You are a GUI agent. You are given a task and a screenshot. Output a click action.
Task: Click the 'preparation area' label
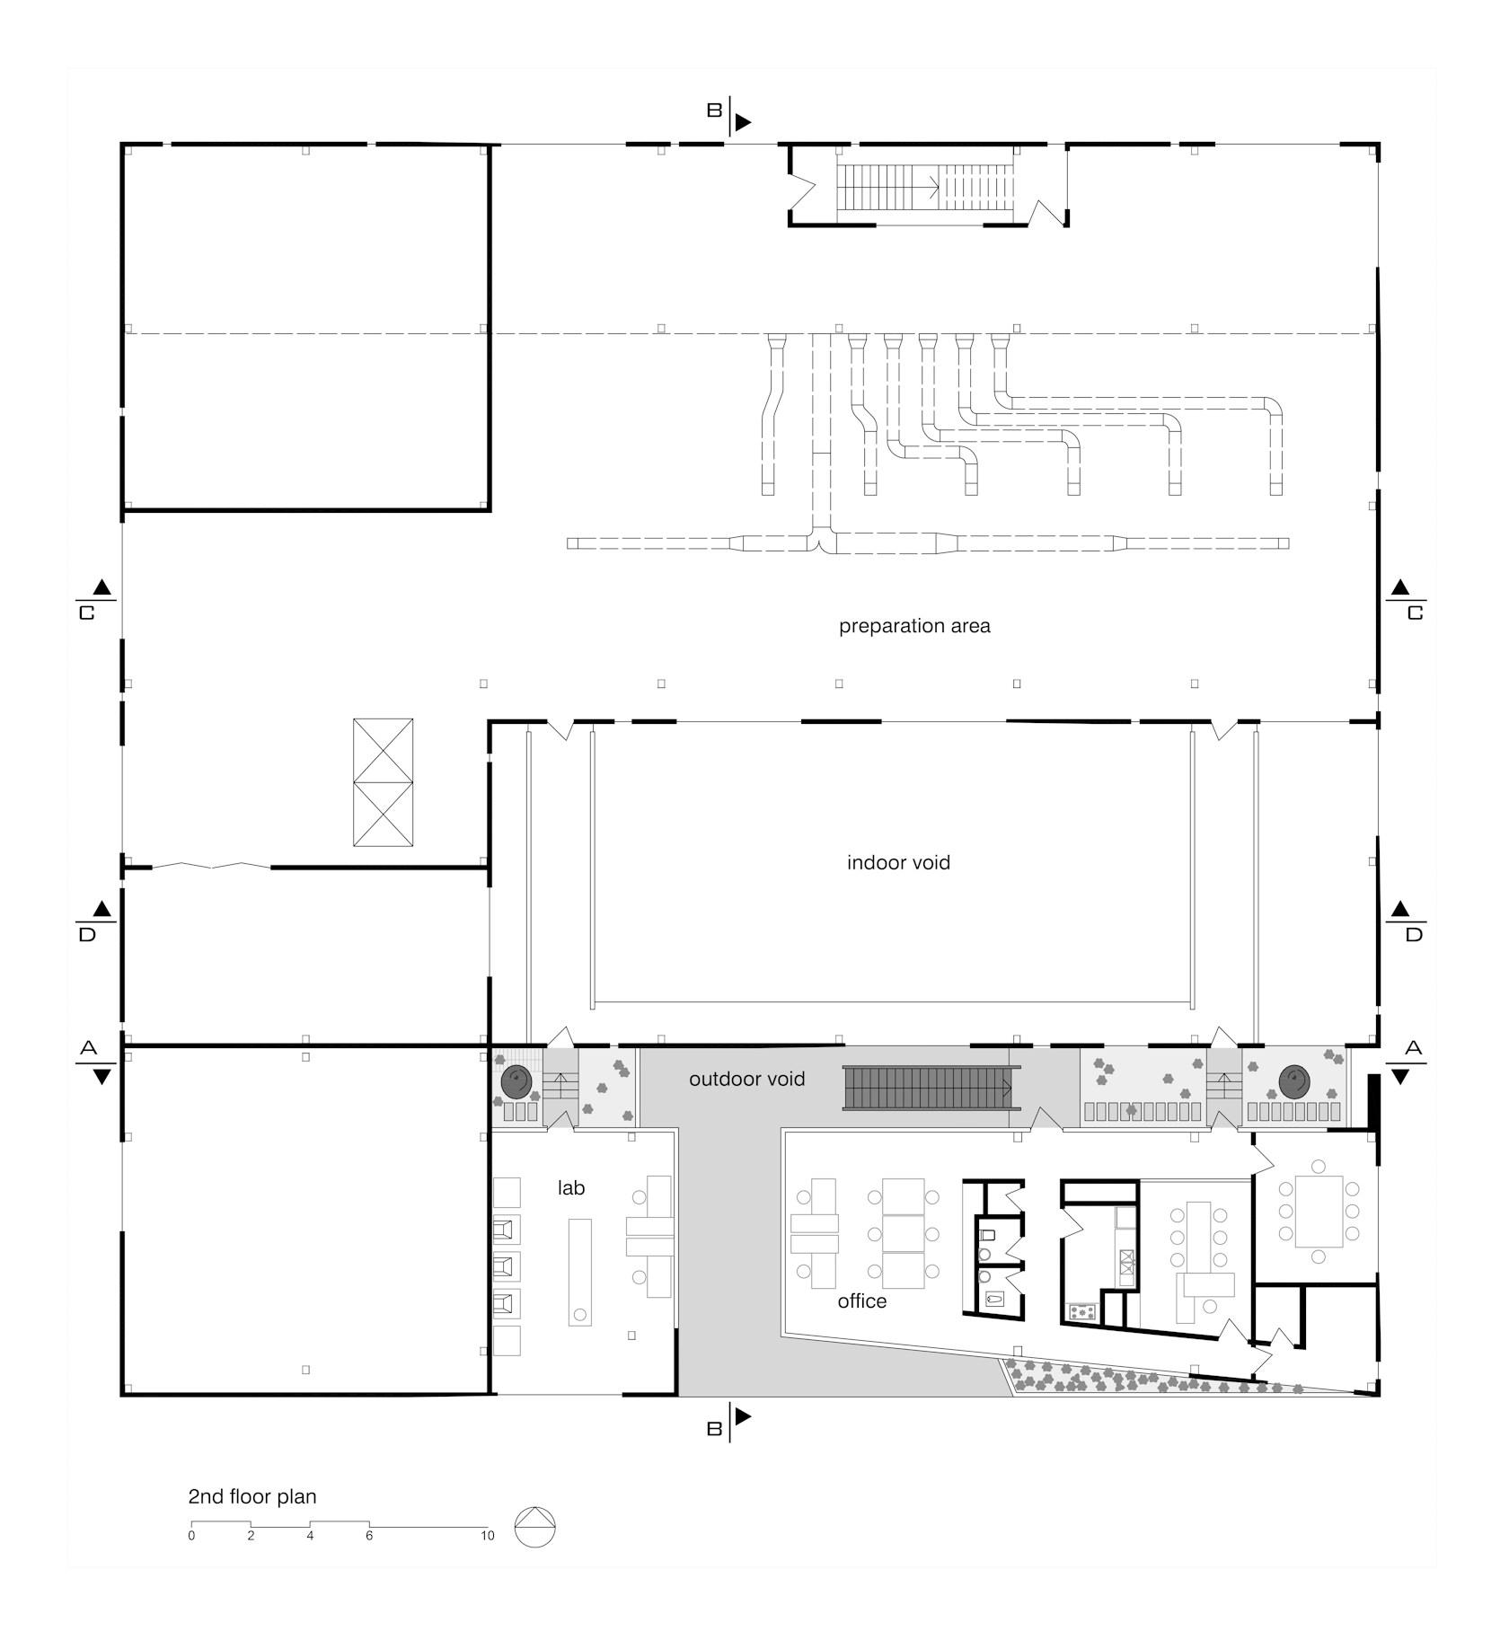(914, 626)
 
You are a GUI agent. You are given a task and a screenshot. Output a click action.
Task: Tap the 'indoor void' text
(898, 863)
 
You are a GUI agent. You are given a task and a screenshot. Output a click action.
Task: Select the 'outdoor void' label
(746, 1079)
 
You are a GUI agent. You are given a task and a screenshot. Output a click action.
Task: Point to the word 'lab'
(571, 1187)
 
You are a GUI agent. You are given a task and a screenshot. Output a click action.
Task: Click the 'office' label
(862, 1301)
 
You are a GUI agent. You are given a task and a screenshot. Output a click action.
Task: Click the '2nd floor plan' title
(252, 1497)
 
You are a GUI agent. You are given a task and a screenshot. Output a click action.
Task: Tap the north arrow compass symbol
(535, 1526)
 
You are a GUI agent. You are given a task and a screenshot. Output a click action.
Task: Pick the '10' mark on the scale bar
(487, 1536)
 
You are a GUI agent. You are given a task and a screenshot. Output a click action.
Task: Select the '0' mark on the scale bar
(191, 1536)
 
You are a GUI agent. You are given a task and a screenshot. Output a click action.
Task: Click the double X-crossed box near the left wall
(383, 782)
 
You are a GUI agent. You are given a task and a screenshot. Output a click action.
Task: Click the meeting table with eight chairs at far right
(1319, 1211)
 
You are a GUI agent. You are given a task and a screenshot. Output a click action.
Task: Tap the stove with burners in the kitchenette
(1082, 1311)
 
